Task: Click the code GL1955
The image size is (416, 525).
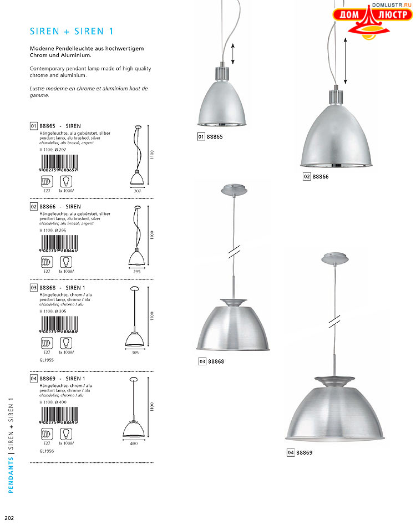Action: [47, 360]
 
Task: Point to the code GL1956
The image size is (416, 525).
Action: [47, 451]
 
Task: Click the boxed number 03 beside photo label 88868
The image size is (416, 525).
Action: [202, 362]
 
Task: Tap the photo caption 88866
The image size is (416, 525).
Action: [321, 176]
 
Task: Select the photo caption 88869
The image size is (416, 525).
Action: [305, 453]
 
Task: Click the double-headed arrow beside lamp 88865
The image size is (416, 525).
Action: [234, 54]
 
